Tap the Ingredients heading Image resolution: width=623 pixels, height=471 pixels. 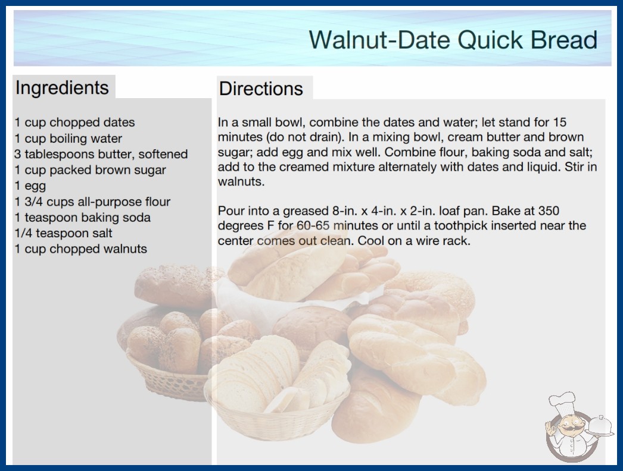(x=62, y=88)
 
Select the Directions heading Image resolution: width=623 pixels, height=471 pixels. (x=261, y=89)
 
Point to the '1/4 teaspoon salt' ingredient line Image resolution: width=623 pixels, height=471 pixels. (x=64, y=233)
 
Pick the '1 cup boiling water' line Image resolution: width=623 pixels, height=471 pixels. (x=68, y=139)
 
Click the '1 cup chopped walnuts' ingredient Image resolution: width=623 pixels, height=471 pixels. (x=81, y=249)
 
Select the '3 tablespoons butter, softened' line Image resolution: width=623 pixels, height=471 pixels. (x=101, y=154)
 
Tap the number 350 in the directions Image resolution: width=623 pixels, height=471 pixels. (x=549, y=211)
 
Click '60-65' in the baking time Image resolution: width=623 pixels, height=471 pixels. (x=313, y=226)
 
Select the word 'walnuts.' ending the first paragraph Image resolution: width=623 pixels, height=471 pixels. (x=241, y=182)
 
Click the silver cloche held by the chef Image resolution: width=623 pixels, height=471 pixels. (x=600, y=426)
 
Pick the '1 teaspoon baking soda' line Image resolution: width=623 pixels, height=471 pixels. (x=83, y=218)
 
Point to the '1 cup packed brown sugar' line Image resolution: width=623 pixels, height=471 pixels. (x=90, y=170)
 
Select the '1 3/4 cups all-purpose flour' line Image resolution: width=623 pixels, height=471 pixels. (x=92, y=202)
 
